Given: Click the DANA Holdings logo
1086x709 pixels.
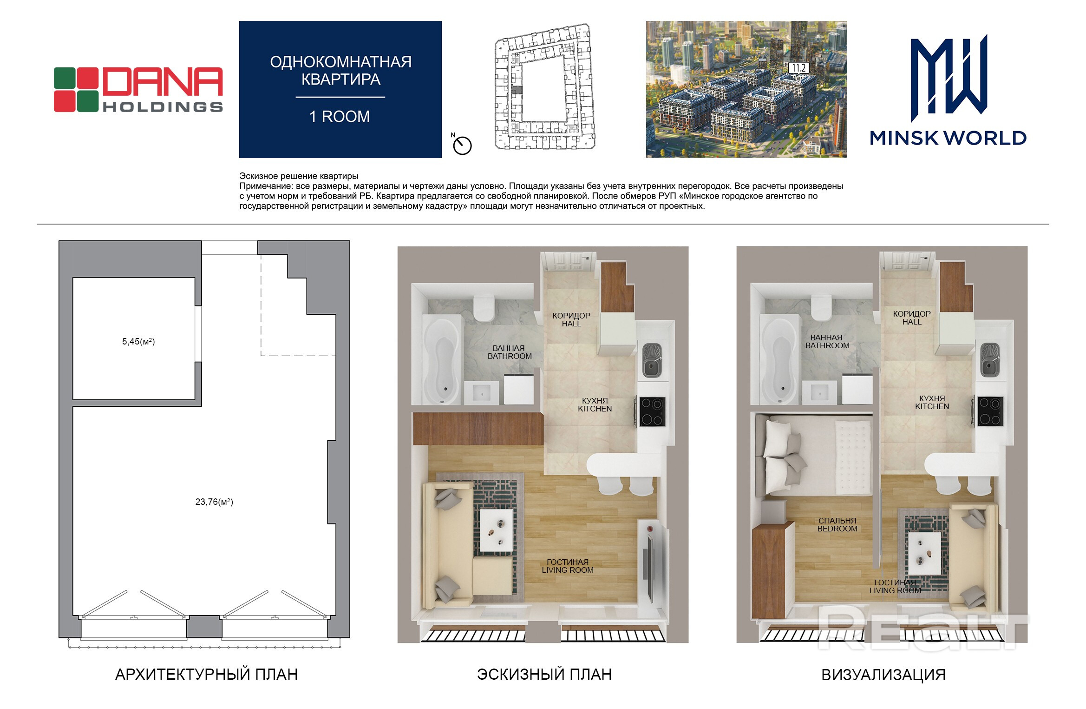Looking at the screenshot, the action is coord(138,90).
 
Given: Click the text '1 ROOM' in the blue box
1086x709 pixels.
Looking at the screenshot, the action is coord(340,116).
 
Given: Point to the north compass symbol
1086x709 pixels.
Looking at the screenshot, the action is coord(462,145).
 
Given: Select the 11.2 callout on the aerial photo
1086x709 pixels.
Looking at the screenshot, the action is coord(798,68).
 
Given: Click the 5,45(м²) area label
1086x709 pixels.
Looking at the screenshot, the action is coord(138,341).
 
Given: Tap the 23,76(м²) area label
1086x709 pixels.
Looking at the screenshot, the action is coord(214,502).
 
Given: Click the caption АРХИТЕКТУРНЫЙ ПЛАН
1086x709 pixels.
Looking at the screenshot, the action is coord(206,674).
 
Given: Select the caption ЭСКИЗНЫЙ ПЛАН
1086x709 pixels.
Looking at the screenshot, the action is coord(544,674).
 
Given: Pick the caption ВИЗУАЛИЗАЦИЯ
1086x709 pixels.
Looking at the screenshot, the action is coord(883,675).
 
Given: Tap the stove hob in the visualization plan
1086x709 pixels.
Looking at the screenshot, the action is coord(991,411).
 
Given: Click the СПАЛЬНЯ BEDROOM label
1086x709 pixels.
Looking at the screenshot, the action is coord(837,524).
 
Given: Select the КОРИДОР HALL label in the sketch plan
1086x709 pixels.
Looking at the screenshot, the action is coord(571,319).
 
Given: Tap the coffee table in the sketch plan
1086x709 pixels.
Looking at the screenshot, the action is coord(497,530).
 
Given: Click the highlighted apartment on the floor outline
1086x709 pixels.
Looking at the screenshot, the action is coord(517,90).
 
